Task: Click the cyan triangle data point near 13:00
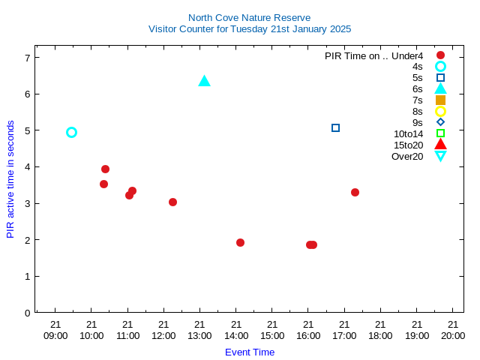pos(204,82)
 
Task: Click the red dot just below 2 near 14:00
pos(240,242)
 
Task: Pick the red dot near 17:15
pos(355,192)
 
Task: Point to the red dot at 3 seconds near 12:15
pos(172,202)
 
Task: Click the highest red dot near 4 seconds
pos(105,169)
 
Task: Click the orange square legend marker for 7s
pos(440,100)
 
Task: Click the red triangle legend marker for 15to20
pos(440,144)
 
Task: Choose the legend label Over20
pos(407,157)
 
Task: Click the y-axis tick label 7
pos(28,58)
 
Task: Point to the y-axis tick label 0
pos(28,313)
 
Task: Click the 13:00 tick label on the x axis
pos(199,330)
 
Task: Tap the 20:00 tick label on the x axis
pos(453,330)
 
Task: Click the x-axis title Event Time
pos(250,352)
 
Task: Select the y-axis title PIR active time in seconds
pos(10,179)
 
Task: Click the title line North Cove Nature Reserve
pos(250,18)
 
